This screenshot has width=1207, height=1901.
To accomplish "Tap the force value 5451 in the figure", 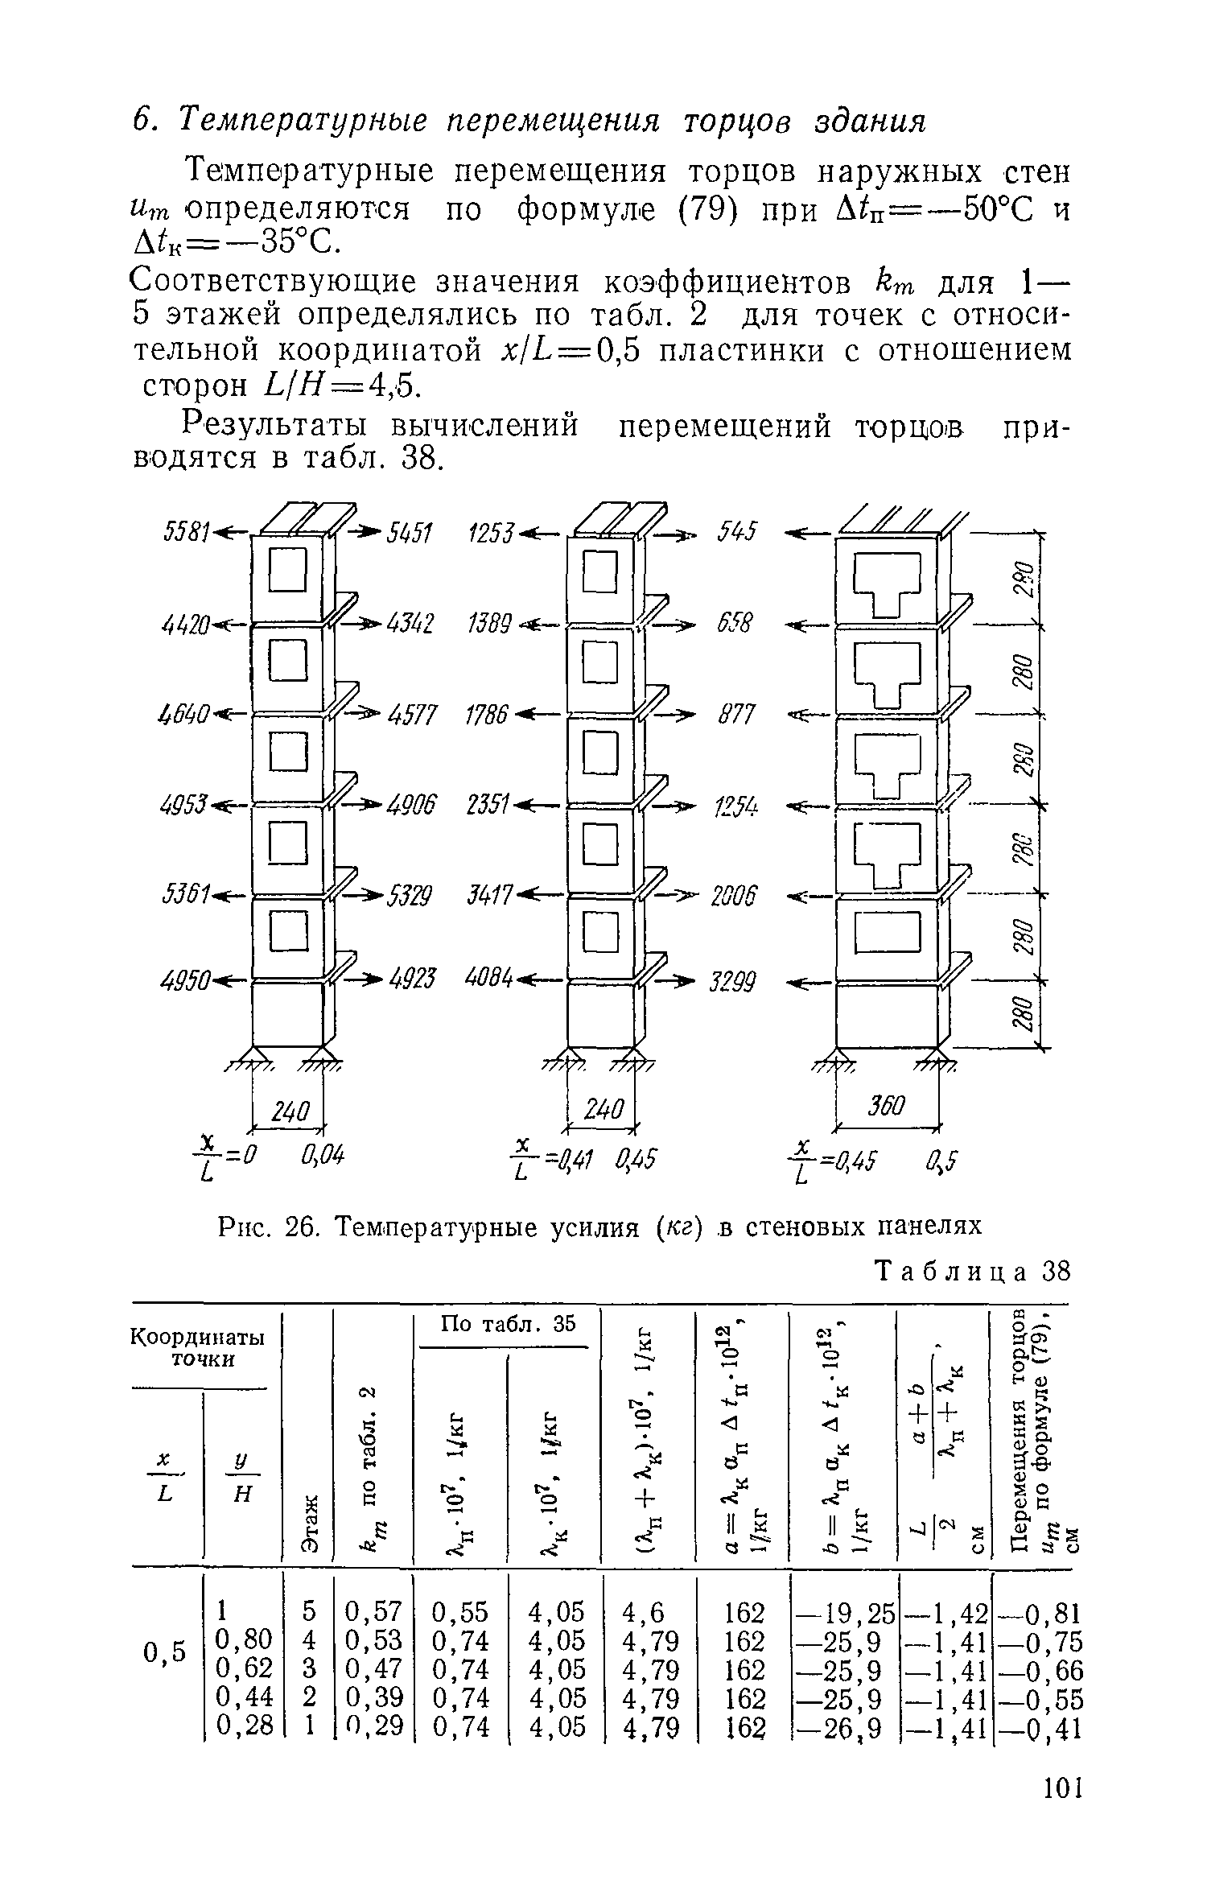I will tap(410, 533).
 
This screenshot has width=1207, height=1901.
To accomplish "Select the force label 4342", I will tap(410, 623).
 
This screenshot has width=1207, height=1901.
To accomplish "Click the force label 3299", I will tap(732, 982).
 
